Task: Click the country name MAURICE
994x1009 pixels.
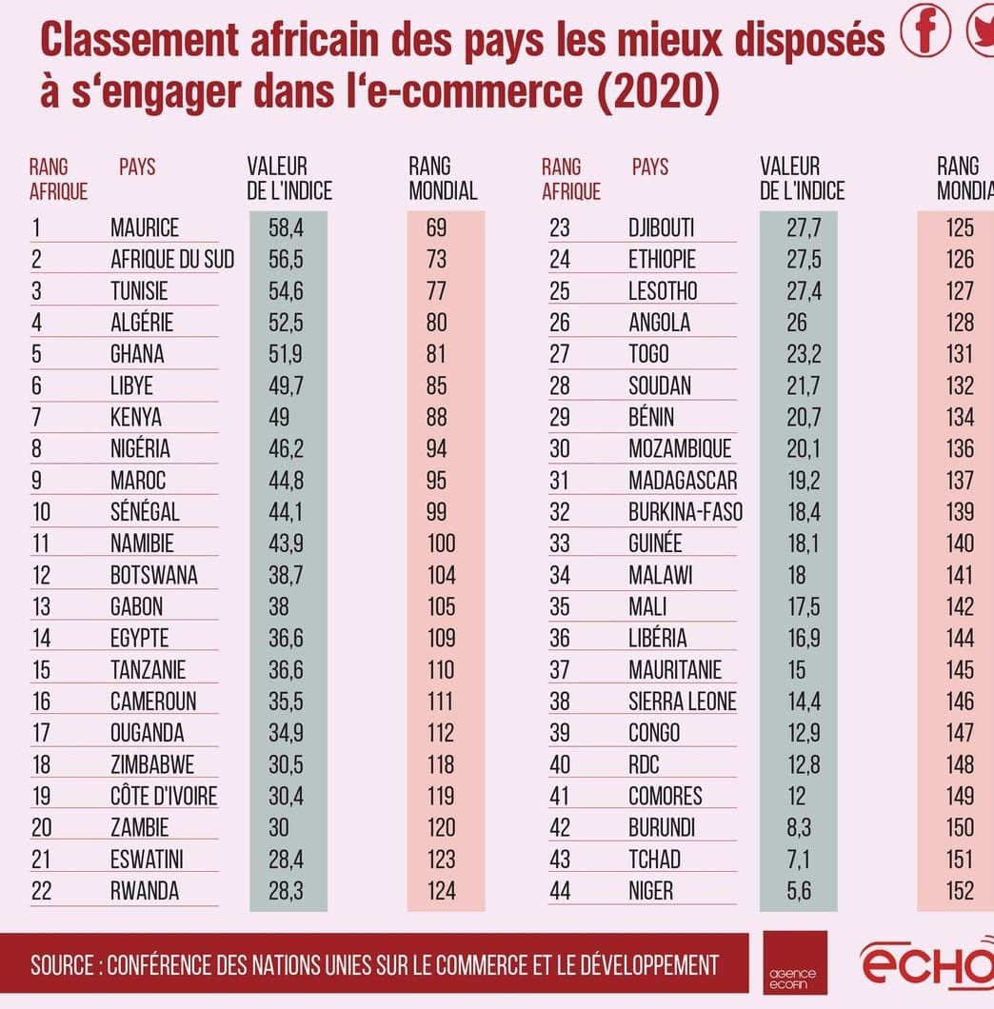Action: (145, 228)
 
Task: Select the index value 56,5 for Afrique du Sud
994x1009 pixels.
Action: (285, 259)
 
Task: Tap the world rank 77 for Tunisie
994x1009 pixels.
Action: (437, 290)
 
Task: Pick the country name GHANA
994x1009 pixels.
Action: (137, 354)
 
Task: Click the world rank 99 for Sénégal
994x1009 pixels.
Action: (437, 512)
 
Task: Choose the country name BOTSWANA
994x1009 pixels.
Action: (154, 575)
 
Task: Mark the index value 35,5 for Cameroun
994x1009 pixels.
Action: (285, 702)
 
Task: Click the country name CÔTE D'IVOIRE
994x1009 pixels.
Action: (164, 796)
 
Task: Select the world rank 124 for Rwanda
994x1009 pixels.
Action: (442, 891)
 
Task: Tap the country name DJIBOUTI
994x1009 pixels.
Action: (662, 228)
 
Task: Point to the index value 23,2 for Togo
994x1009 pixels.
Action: (797, 354)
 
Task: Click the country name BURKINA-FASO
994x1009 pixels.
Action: (686, 512)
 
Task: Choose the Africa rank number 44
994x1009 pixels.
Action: (560, 891)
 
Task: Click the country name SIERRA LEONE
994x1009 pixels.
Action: (683, 702)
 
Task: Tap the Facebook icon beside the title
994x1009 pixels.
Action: (926, 31)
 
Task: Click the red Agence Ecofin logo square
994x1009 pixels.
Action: (795, 962)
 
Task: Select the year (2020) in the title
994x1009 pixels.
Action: (657, 91)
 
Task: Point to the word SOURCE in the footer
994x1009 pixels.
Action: (62, 965)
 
